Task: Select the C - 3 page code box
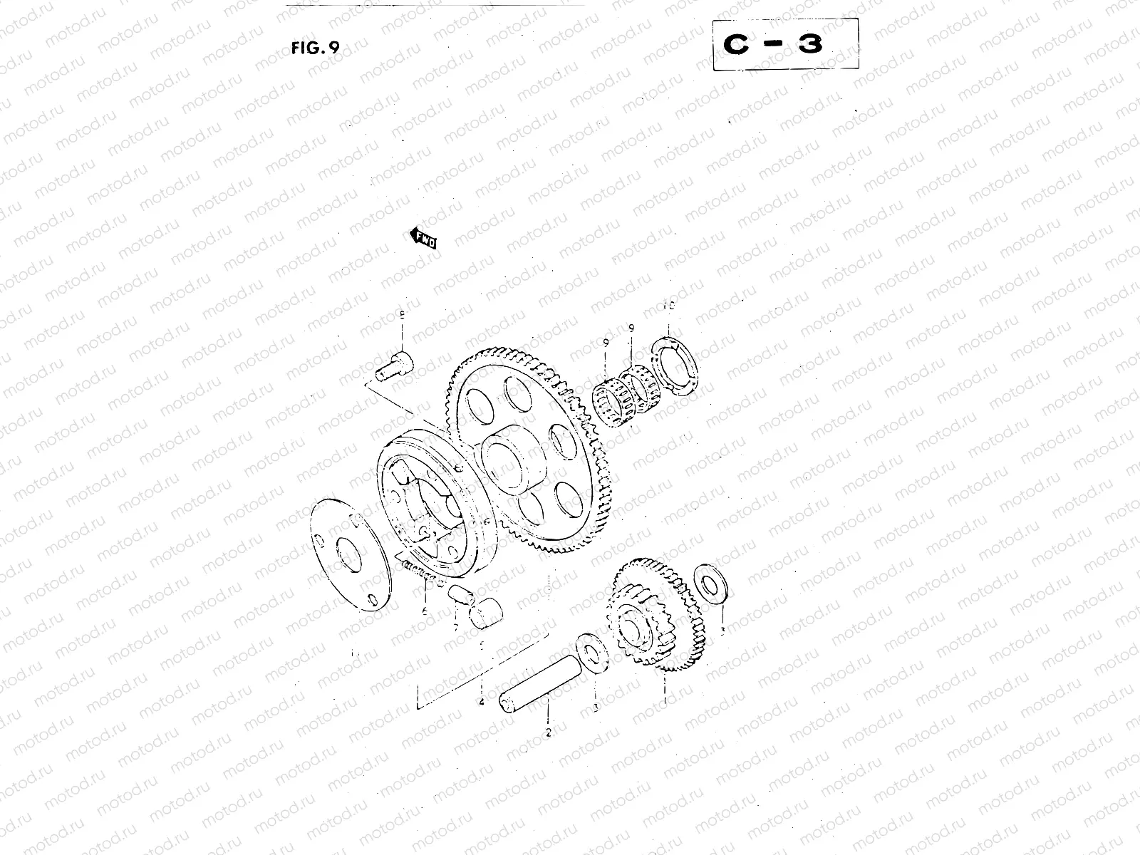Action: (785, 43)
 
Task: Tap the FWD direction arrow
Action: (423, 239)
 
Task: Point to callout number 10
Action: (668, 306)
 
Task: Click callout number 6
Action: (424, 611)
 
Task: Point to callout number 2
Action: (547, 732)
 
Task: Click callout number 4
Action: (482, 702)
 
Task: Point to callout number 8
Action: (401, 315)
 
